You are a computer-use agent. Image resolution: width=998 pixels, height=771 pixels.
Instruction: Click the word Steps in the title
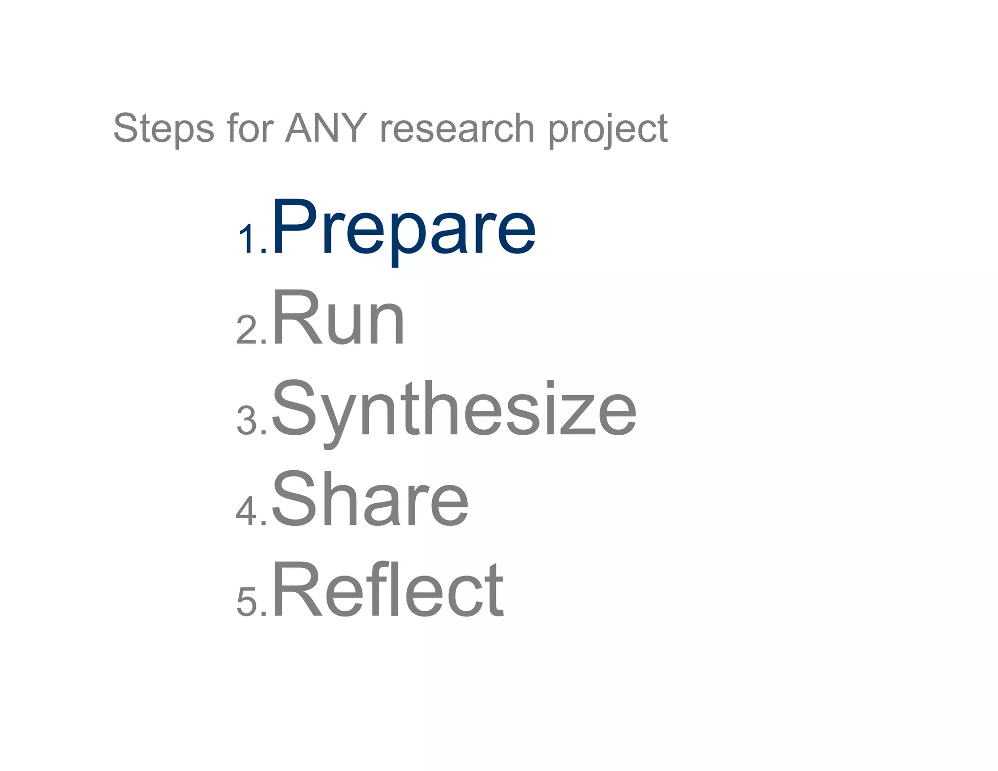[x=163, y=128]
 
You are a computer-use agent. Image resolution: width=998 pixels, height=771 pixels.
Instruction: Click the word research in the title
[x=457, y=128]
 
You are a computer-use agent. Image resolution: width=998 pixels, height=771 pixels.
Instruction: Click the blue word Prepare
[x=403, y=227]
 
